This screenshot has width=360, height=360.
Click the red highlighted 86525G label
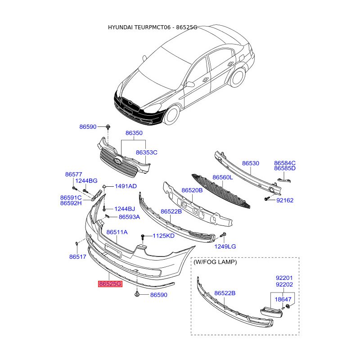click(110, 284)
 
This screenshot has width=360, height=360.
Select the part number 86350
click(134, 133)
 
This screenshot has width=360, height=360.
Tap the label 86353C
click(147, 153)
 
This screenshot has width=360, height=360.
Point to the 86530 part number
click(251, 163)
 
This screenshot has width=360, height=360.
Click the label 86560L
click(223, 177)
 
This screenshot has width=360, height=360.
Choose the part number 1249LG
click(225, 246)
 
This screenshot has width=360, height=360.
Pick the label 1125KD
click(163, 235)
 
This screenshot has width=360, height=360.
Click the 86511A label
click(117, 232)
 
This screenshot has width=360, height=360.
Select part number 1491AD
click(126, 186)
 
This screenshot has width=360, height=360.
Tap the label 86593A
click(129, 217)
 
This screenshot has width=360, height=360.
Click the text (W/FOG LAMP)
click(215, 261)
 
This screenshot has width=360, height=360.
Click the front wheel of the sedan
click(172, 116)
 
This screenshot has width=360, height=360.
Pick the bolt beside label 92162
click(267, 198)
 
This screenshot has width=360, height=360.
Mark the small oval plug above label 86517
click(77, 244)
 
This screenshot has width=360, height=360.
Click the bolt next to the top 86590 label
click(109, 127)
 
